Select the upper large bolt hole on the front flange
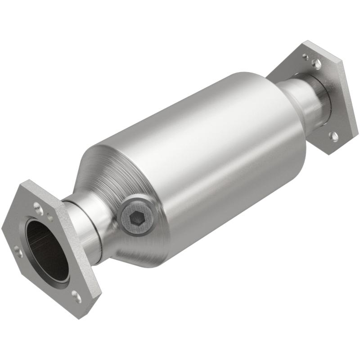[36, 206]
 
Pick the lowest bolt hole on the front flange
[76, 296]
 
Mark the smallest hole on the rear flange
[306, 57]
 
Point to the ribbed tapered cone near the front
[106, 180]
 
